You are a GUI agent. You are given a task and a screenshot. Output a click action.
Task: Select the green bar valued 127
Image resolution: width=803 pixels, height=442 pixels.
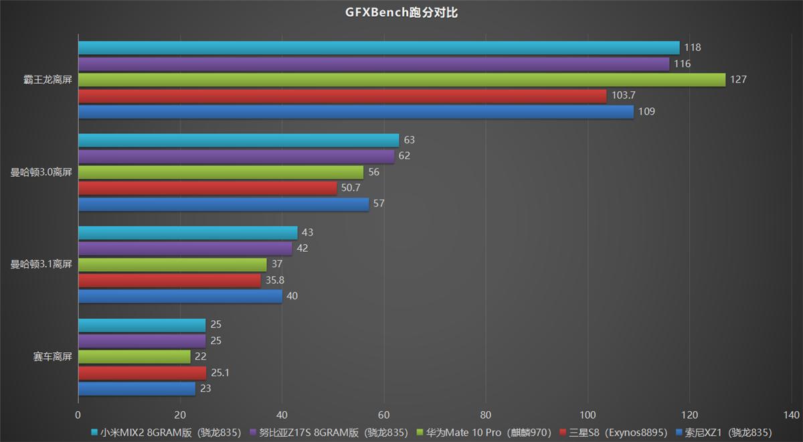401,80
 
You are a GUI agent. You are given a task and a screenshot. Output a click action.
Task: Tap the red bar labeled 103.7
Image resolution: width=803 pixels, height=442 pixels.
342,96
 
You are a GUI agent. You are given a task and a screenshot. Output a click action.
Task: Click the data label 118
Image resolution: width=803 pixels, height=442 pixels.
692,48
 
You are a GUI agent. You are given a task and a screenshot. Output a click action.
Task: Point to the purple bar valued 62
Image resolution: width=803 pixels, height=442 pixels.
236,156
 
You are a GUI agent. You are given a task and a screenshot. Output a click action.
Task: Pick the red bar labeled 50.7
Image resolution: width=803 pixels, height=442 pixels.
207,188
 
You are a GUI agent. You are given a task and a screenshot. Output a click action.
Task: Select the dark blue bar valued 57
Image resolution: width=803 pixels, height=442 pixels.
224,204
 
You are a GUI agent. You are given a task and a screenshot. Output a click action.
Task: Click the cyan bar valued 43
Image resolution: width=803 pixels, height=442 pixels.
188,232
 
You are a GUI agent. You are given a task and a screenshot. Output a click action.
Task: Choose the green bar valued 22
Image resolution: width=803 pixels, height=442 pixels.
135,357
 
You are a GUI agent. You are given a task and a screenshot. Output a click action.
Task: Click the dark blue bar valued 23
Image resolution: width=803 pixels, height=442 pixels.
137,389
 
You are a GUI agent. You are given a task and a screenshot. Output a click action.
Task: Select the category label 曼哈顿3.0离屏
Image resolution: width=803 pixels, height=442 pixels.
41,172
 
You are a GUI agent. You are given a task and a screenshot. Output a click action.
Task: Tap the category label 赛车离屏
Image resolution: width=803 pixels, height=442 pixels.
52,357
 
